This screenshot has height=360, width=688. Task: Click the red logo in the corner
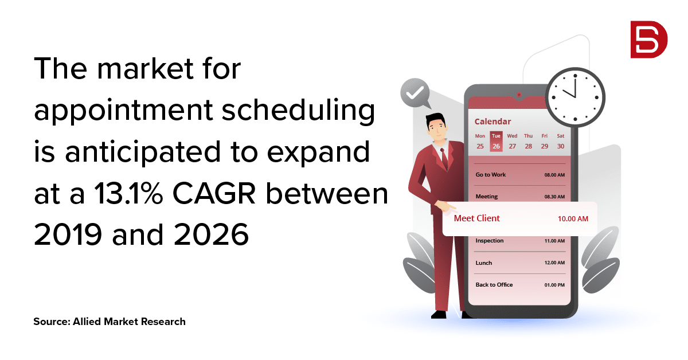[x=648, y=40]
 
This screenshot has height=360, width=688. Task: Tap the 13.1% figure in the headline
[x=128, y=193]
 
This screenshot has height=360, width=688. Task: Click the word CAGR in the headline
[x=214, y=193]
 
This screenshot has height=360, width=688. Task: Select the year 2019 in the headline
[x=68, y=234]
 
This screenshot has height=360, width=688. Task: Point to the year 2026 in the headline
[x=211, y=234]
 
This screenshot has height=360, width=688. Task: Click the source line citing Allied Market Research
[x=110, y=322]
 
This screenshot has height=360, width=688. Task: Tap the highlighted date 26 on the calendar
[x=496, y=146]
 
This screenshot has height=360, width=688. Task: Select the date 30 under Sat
[x=561, y=146]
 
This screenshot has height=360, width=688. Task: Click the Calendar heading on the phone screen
[x=492, y=122]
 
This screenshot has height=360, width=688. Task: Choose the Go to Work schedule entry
[x=491, y=175]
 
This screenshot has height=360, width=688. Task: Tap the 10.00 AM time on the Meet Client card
[x=573, y=219]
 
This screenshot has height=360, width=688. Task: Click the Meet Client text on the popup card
[x=476, y=218]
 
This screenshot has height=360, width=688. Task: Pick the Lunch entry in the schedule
[x=484, y=263]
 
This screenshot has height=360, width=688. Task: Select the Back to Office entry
[x=494, y=285]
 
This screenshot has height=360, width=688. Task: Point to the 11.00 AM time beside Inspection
[x=554, y=241]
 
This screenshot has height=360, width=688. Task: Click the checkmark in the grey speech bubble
[x=415, y=92]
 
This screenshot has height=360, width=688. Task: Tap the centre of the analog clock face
[x=575, y=97]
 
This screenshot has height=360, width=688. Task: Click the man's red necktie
[x=444, y=158]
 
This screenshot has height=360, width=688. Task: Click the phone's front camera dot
[x=519, y=95]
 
